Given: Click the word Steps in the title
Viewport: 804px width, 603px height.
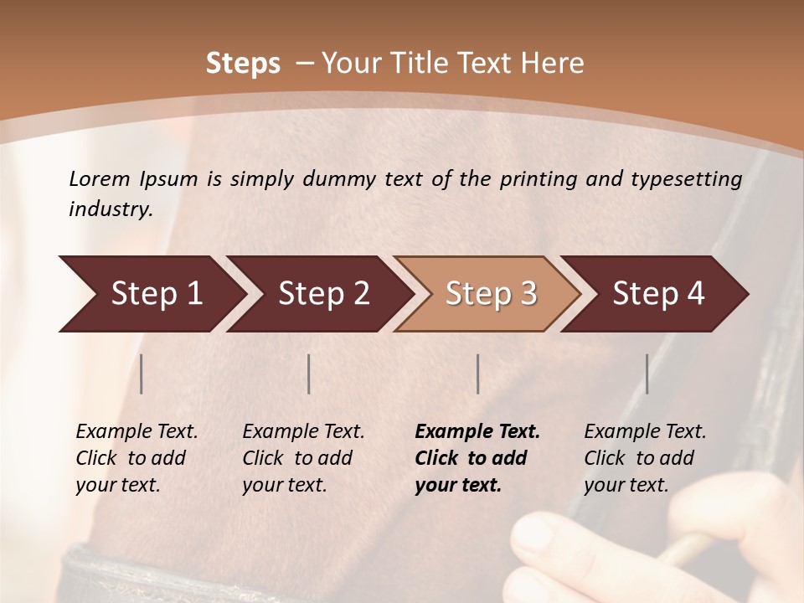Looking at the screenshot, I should click(243, 64).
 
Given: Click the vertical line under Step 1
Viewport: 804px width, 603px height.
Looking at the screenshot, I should click(142, 374).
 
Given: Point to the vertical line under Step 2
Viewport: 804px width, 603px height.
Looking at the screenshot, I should click(309, 374).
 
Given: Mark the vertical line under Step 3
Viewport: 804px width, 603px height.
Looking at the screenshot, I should click(478, 374).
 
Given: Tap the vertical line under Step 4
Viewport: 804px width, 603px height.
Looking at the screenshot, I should click(647, 374).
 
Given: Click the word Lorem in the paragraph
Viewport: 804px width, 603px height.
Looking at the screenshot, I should click(99, 179).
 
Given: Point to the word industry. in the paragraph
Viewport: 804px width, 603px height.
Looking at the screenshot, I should click(111, 209).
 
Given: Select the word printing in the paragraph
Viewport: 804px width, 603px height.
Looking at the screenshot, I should click(533, 179).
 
